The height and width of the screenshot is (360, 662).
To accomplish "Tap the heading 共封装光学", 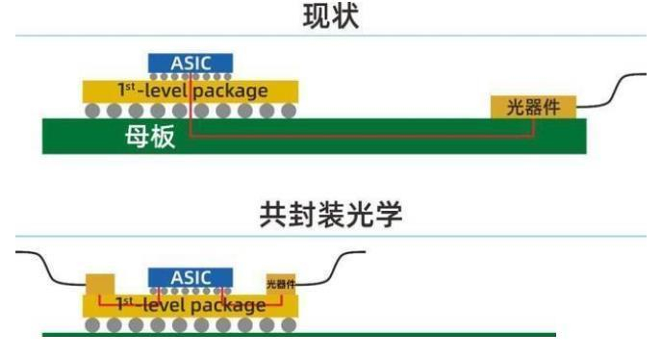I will pos(330,217).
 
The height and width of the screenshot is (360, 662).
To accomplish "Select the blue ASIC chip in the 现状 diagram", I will pos(191,63).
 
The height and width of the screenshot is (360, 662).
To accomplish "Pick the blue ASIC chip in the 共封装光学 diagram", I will pos(191,277).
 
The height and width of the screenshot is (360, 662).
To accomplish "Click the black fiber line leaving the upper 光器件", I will pos(616,91).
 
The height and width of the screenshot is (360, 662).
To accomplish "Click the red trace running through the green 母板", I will pos(356,136).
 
